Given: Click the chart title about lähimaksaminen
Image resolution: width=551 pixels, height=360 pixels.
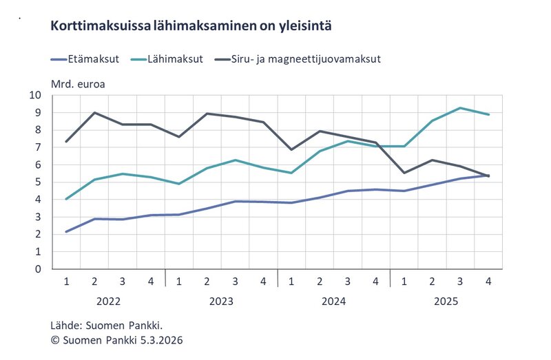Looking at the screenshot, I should point(191,27).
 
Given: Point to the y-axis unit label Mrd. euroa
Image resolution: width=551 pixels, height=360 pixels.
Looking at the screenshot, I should point(78,85).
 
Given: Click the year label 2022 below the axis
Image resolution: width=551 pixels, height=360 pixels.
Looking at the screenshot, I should point(109,301).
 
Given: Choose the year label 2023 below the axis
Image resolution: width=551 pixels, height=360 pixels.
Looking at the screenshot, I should point(221,301).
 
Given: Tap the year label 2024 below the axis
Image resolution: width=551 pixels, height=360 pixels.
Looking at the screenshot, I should point(333,301).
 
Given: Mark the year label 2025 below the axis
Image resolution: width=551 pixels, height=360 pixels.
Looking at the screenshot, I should point(446,301).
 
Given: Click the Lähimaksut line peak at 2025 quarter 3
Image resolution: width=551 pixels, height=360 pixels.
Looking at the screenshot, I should point(460,108).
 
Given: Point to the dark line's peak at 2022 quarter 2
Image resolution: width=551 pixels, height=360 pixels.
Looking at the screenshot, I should point(94,113).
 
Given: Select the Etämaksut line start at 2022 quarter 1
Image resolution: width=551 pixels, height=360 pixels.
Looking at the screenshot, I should point(66,231).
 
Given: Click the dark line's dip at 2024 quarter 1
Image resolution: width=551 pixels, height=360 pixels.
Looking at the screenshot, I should point(291,149).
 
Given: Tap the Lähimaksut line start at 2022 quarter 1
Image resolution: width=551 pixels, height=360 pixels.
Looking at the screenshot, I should point(66,199).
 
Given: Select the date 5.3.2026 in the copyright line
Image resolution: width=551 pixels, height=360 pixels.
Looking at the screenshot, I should point(159,340).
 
